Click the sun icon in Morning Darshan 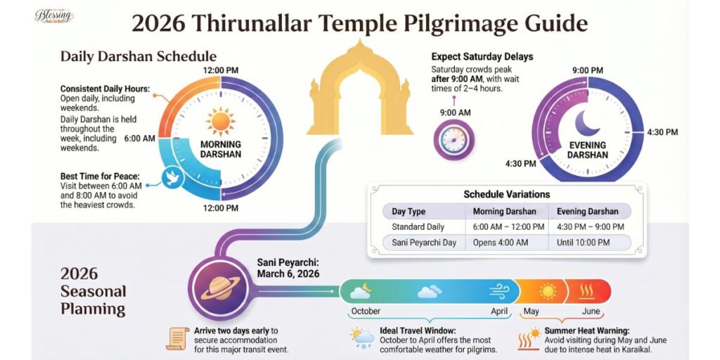(x=221, y=121)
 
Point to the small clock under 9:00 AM (x=454, y=139)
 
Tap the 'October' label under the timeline (x=365, y=311)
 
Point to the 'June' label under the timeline (x=592, y=311)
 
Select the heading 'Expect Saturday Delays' (x=482, y=56)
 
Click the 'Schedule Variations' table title (x=506, y=194)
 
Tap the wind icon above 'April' (x=499, y=290)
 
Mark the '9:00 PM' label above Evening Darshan (x=587, y=70)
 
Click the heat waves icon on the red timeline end (x=592, y=290)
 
